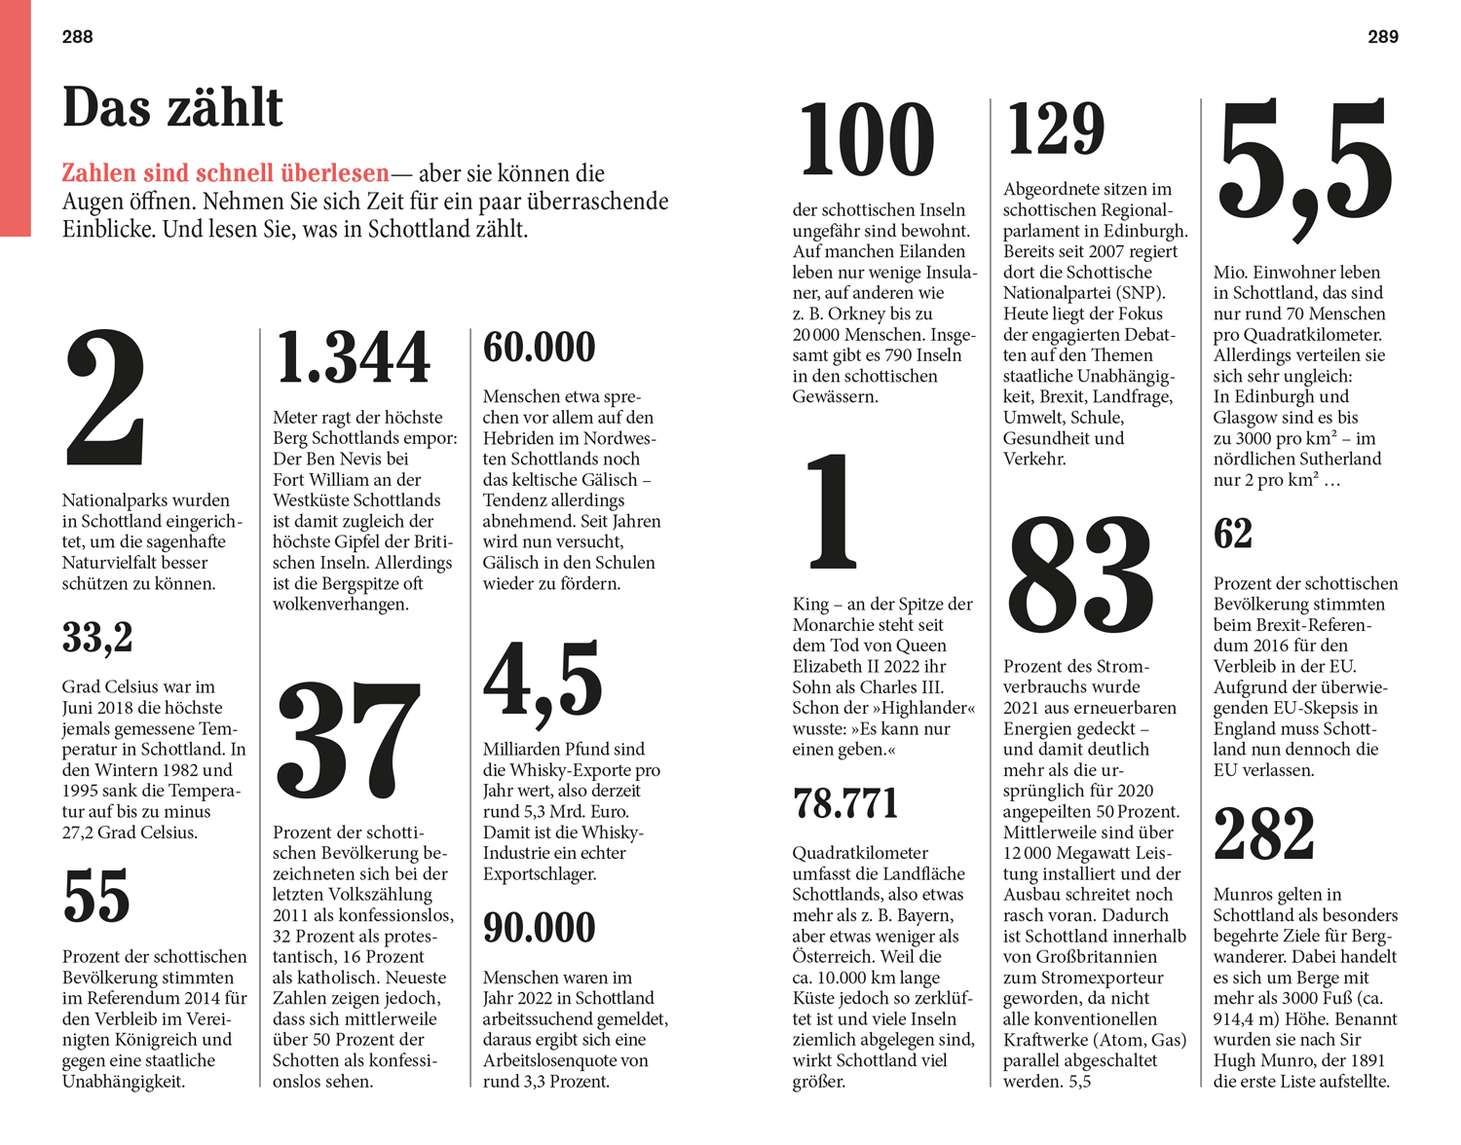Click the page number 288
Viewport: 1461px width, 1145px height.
point(77,37)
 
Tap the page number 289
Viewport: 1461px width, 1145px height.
point(1382,37)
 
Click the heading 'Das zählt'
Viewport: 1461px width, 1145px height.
point(172,107)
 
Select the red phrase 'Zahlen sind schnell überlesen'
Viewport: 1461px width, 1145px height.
point(225,173)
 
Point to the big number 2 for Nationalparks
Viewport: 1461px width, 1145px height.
point(105,399)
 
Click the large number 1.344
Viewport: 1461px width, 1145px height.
point(353,357)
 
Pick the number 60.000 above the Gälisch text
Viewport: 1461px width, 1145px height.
point(539,348)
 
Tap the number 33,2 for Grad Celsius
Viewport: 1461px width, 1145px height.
point(97,638)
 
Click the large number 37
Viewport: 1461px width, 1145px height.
point(348,740)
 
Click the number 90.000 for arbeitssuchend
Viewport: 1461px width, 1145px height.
point(539,928)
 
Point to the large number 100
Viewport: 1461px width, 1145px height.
point(866,141)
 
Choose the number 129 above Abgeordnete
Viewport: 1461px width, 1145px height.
point(1056,129)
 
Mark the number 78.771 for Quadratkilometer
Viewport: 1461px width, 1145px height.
point(845,804)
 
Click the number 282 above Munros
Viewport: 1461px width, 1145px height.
point(1263,834)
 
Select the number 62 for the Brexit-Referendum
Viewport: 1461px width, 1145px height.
point(1232,535)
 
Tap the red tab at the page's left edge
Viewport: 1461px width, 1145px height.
point(15,117)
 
